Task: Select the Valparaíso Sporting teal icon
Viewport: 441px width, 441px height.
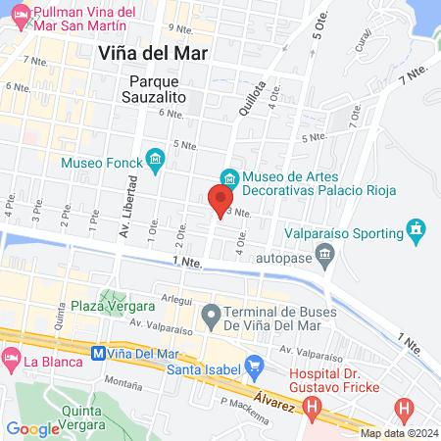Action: tap(417, 233)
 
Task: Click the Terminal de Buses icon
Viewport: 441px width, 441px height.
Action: tap(210, 317)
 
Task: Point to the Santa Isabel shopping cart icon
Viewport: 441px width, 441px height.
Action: tap(254, 369)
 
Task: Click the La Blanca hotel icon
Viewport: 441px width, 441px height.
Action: tap(11, 362)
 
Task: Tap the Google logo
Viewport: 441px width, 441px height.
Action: tap(32, 428)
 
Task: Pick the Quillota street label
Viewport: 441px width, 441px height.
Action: tap(251, 97)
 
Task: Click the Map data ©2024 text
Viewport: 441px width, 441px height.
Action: tap(398, 433)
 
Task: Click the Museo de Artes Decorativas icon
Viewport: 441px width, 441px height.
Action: tap(228, 177)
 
